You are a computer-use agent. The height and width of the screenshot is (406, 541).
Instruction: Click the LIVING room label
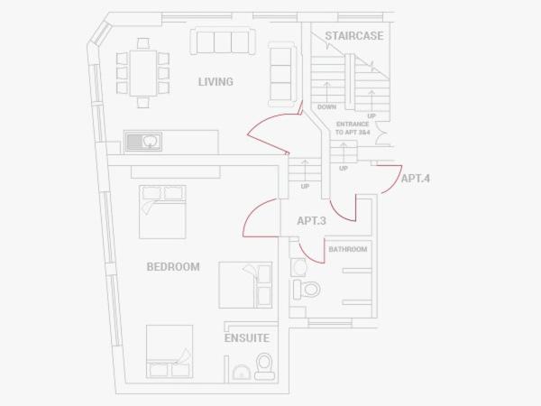[x=215, y=82]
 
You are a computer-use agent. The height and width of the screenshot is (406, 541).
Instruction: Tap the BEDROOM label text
[x=173, y=267]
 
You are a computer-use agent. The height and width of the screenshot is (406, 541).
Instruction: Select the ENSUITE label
[x=247, y=338]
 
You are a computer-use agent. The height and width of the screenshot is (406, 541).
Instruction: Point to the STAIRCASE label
[x=354, y=36]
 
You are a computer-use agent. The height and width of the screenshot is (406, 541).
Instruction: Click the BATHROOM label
[x=348, y=249]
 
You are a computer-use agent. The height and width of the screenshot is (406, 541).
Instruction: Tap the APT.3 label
[x=312, y=221]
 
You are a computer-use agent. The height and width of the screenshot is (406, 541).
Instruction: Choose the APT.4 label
[x=416, y=179]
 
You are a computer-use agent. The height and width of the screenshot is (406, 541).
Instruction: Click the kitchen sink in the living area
[x=142, y=142]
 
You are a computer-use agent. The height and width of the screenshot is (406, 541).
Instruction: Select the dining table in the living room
[x=143, y=73]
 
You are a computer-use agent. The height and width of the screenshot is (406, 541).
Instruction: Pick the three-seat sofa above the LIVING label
[x=223, y=42]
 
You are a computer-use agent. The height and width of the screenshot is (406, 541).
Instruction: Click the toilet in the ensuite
[x=264, y=366]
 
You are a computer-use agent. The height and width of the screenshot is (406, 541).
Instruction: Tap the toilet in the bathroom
[x=307, y=290]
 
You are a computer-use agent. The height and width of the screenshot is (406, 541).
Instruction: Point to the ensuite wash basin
[x=241, y=373]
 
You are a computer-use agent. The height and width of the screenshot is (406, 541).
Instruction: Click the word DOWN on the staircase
[x=326, y=107]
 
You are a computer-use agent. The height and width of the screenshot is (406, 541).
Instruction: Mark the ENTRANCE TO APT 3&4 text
[x=353, y=128]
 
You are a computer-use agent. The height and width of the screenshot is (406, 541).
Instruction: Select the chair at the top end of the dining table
[x=143, y=43]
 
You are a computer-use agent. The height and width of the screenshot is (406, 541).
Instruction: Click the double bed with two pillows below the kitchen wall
[x=162, y=212]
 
